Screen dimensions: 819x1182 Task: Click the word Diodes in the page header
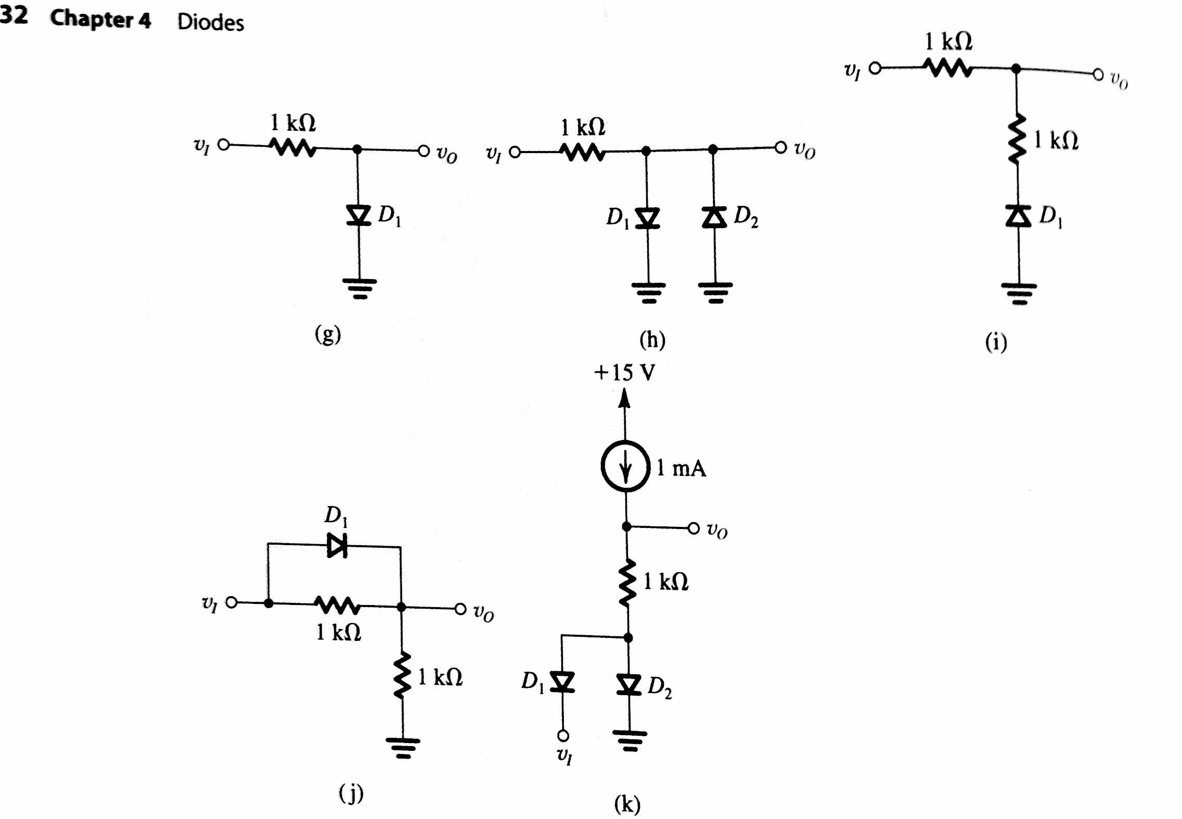tap(210, 22)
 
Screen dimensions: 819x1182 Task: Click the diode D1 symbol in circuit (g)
tap(358, 215)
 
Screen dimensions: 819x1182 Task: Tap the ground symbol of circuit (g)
tap(360, 288)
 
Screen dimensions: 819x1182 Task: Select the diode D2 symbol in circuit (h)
tap(714, 217)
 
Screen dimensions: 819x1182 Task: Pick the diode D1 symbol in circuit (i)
tap(1018, 216)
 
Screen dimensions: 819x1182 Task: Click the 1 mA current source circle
tap(625, 466)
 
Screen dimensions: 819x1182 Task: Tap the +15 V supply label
tap(624, 373)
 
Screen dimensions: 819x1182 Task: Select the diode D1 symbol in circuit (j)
tap(337, 546)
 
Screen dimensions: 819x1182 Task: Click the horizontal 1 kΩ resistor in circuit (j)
tap(337, 605)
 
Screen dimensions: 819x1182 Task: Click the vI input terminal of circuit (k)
tap(563, 735)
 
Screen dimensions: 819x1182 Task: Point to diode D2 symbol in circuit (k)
tap(629, 684)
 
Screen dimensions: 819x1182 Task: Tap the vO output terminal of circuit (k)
tap(694, 528)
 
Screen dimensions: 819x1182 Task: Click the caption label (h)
tap(652, 340)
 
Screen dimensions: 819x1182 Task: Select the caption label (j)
tap(351, 794)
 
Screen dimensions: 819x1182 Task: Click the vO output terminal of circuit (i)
tap(1098, 75)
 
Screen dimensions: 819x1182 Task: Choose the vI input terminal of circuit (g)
tap(223, 145)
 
